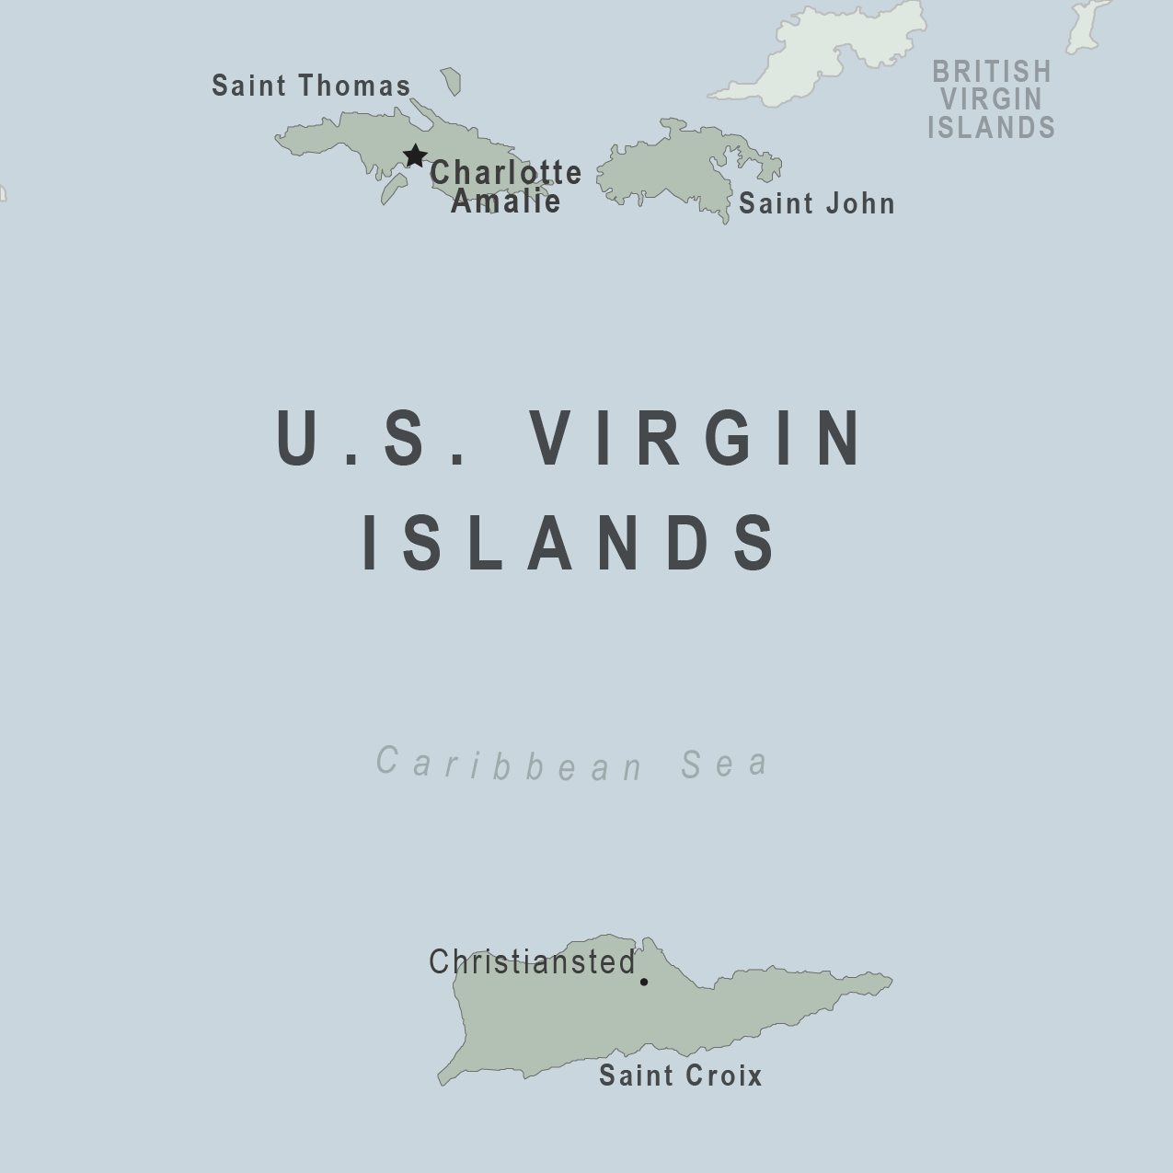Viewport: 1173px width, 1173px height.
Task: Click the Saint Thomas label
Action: [311, 86]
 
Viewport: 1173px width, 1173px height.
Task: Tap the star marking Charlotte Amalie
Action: [415, 155]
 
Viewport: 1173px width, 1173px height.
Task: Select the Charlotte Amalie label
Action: [505, 187]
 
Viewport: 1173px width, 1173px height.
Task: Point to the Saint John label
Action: [816, 203]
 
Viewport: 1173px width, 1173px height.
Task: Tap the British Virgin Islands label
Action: [991, 99]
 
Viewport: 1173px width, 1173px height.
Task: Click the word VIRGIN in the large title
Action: [698, 439]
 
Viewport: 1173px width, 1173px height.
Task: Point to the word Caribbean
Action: [511, 764]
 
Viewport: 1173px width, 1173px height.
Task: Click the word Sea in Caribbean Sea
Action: [724, 764]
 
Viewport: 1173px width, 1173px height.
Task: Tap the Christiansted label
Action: [532, 962]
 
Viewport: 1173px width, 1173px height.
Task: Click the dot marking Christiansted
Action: [644, 982]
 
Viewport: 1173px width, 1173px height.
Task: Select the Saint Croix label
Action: [680, 1075]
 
